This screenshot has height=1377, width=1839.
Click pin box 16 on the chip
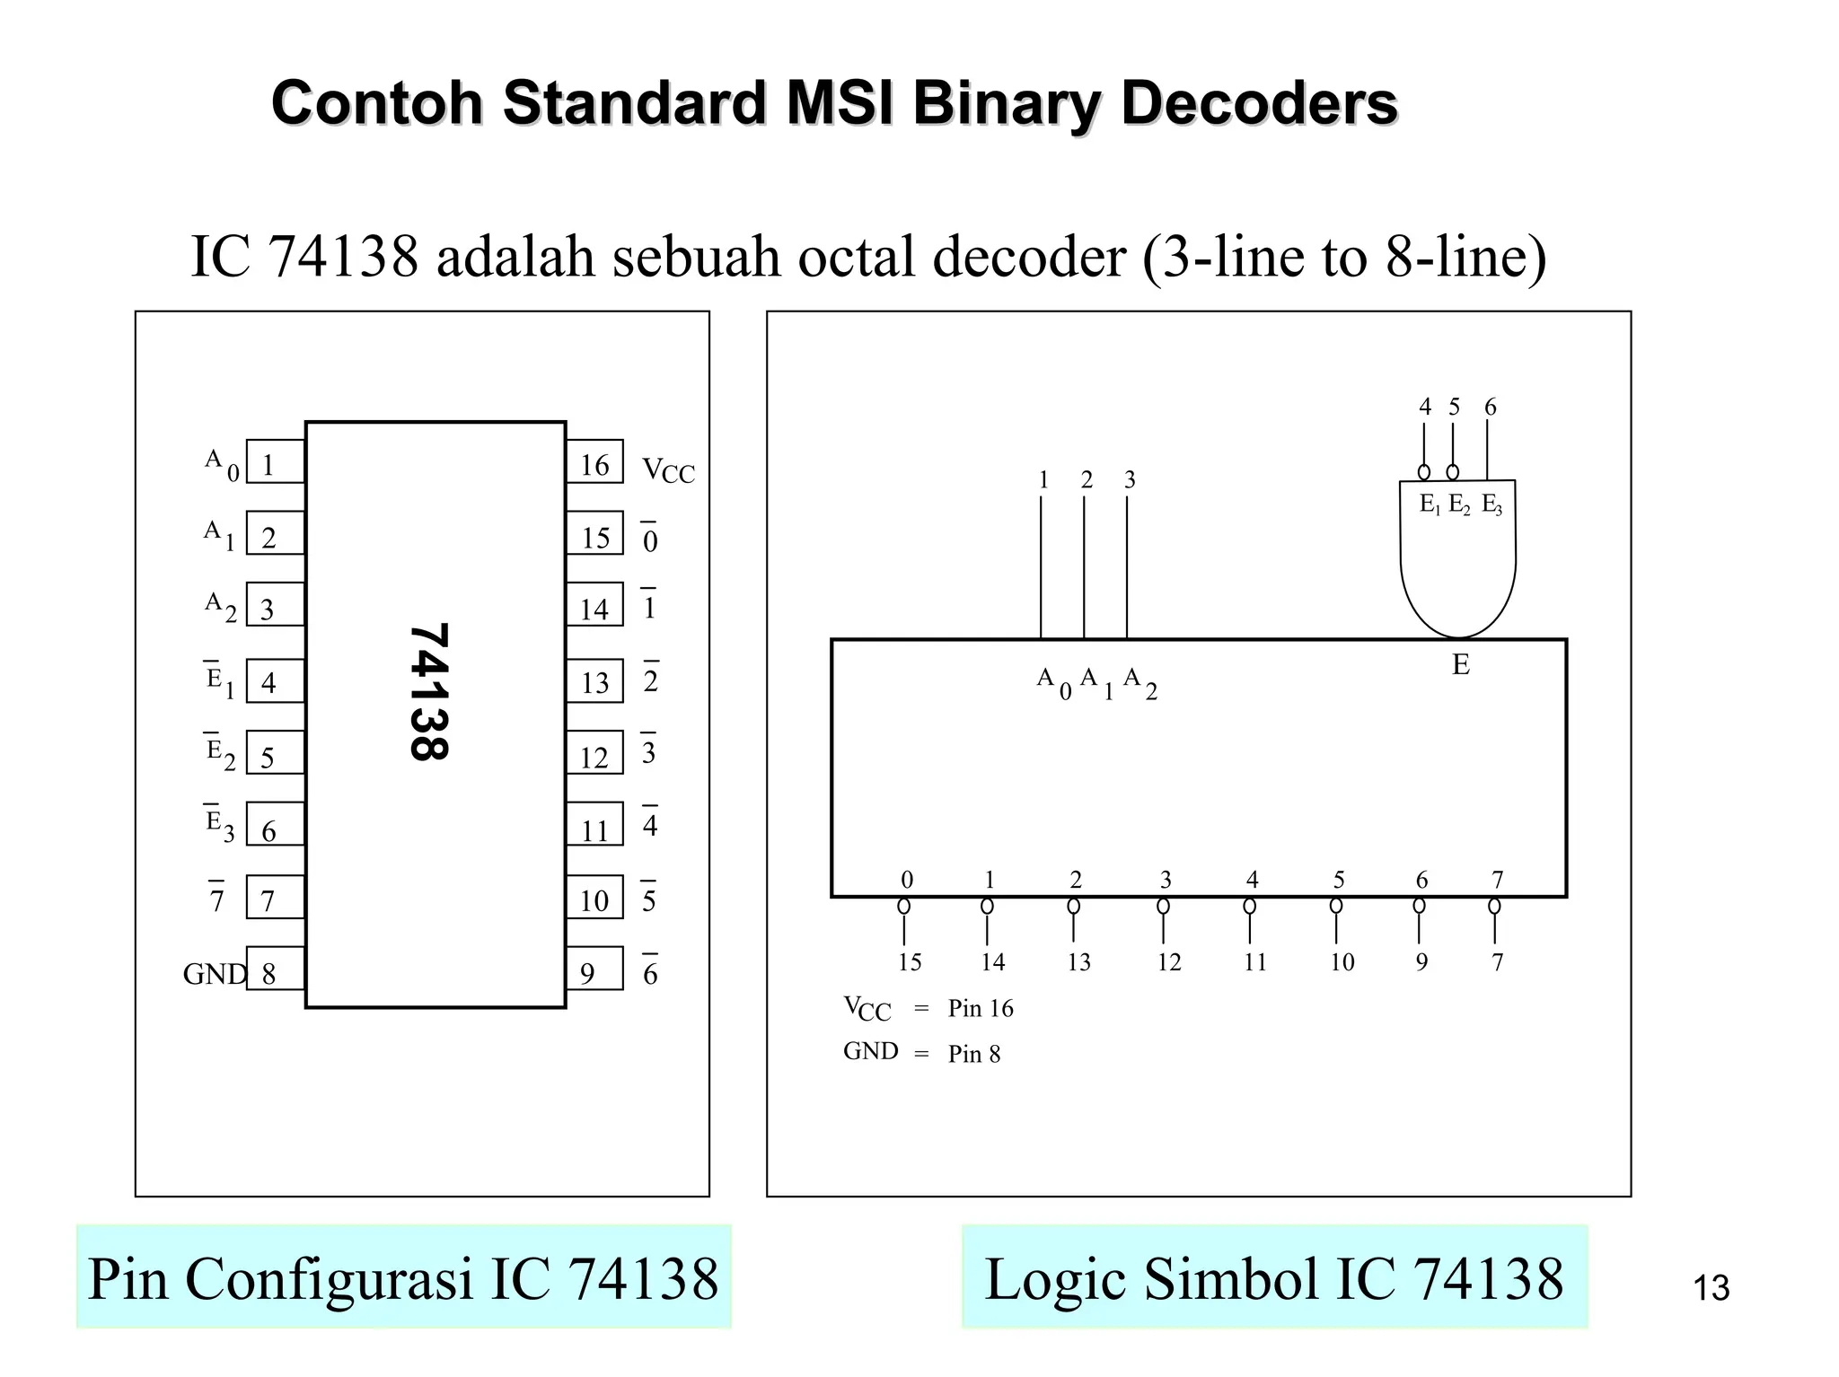point(594,462)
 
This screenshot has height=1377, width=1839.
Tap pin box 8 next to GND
point(274,969)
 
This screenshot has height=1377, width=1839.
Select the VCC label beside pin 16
point(668,470)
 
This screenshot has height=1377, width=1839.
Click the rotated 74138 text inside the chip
point(428,692)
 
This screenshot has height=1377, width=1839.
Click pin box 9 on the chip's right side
point(594,969)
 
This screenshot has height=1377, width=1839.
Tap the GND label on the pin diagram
point(214,974)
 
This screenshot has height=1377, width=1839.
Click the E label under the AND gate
point(1461,665)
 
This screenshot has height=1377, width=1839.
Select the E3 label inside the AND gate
point(1491,504)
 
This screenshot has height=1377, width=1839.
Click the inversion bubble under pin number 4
point(1424,472)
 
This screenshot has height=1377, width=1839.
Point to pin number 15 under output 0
point(910,962)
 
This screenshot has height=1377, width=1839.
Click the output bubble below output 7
point(1494,907)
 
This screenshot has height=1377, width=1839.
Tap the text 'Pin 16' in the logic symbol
point(981,1009)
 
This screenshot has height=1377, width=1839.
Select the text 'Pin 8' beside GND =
point(974,1054)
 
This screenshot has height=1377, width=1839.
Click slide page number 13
point(1711,1289)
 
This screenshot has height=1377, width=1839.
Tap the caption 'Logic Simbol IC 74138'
point(1274,1278)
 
